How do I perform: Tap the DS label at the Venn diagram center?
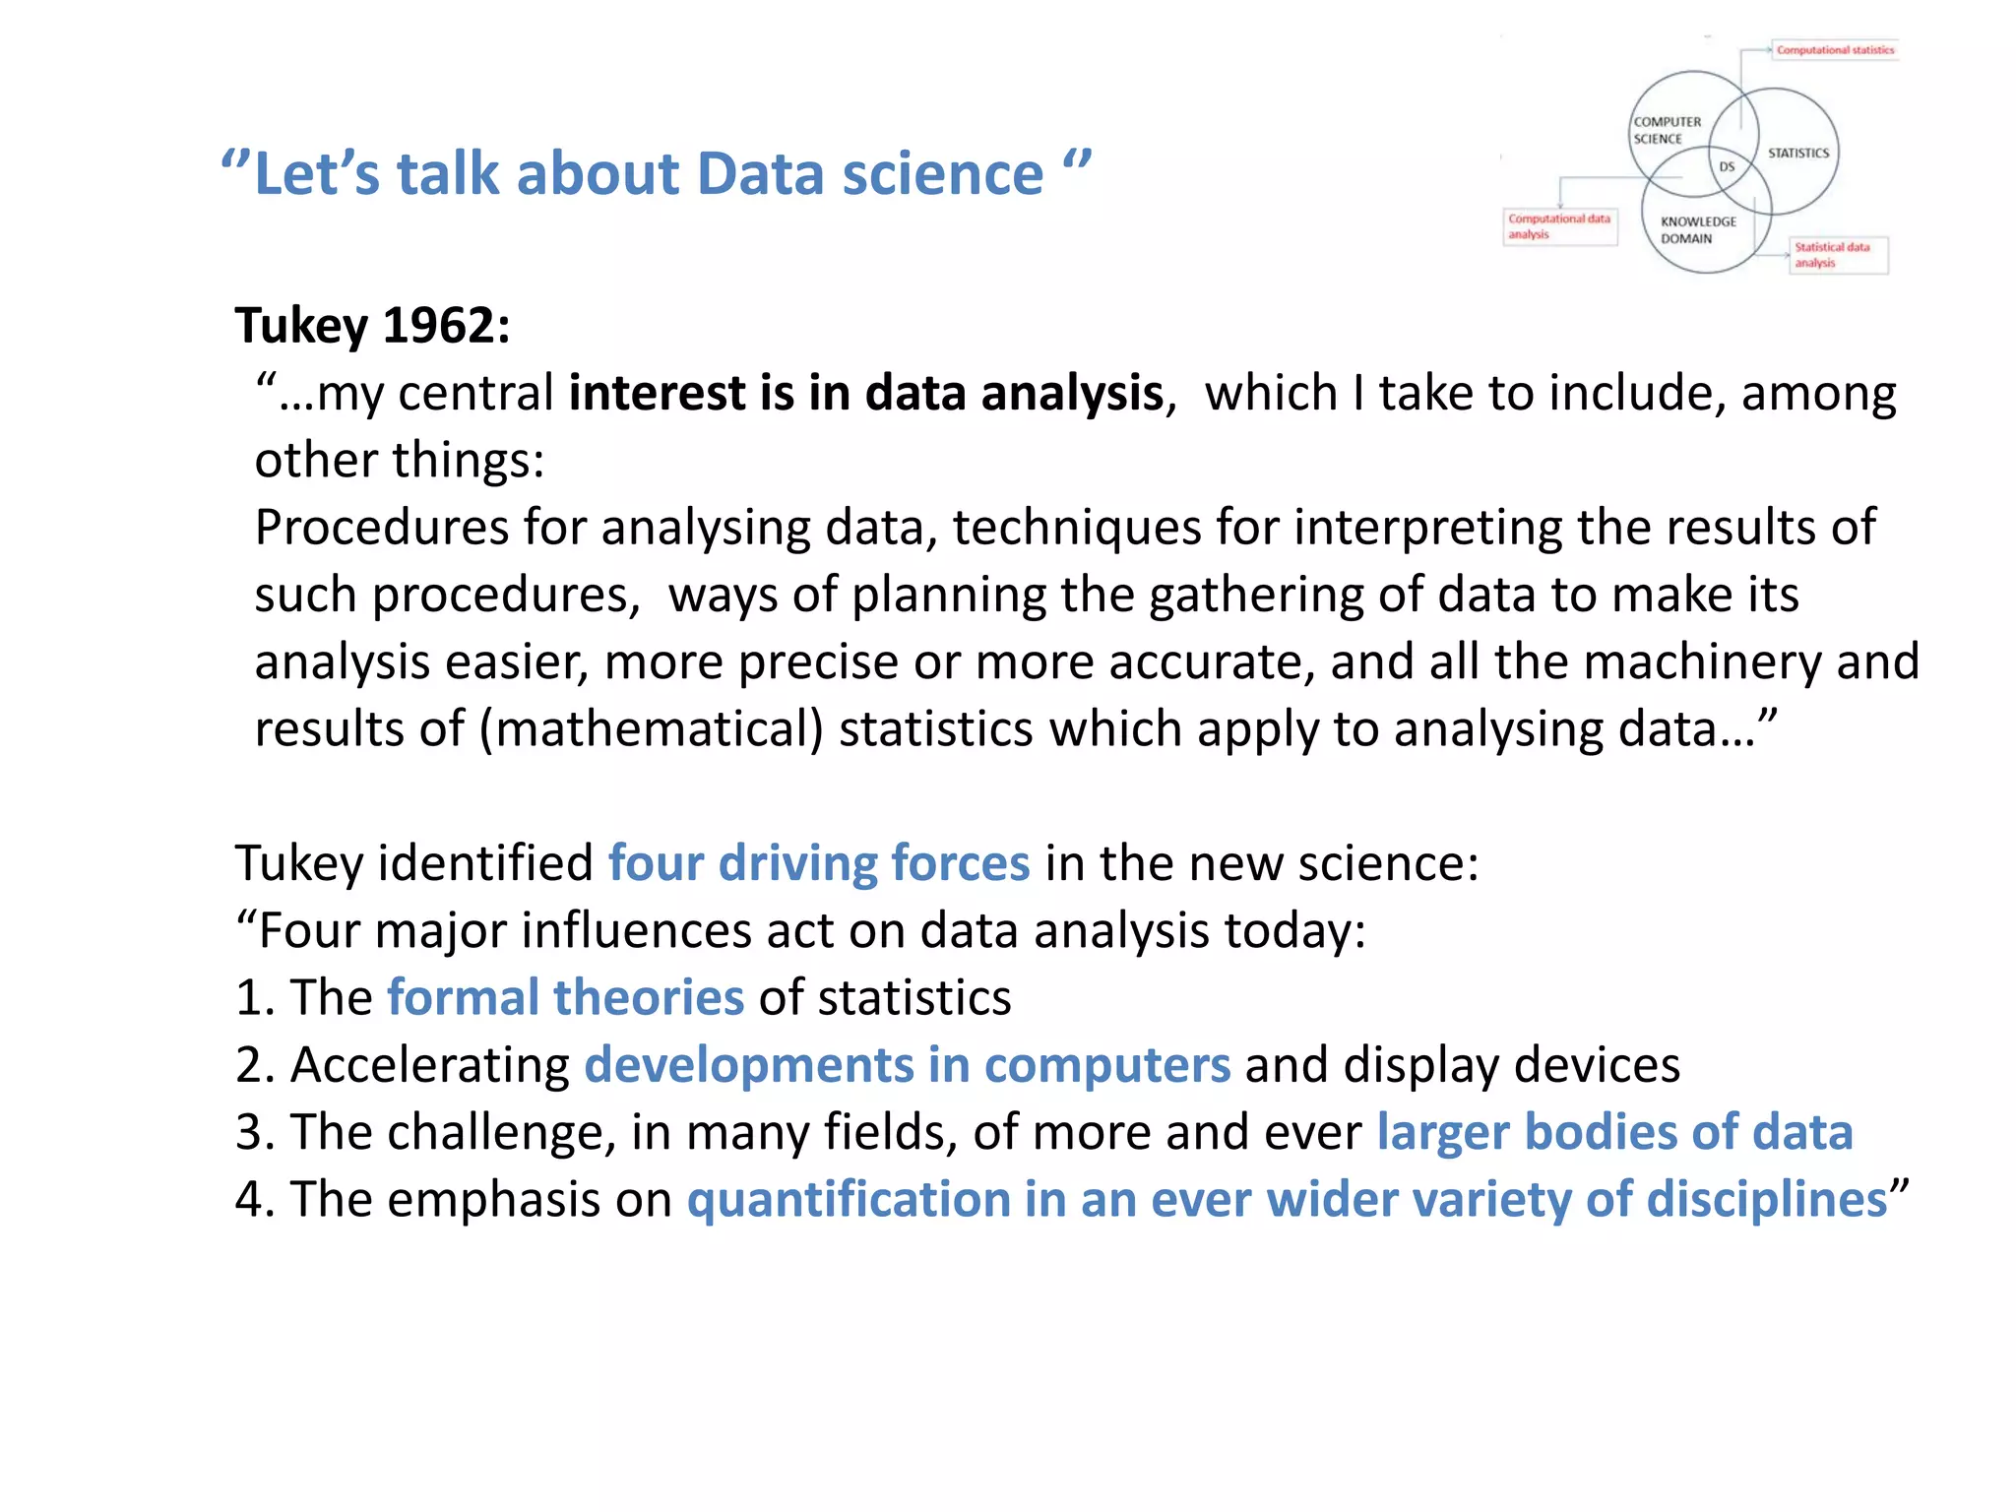[1727, 167]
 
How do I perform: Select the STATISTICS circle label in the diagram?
[1797, 154]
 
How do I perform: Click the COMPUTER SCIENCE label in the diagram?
[1667, 130]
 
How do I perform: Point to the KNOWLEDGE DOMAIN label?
[1698, 230]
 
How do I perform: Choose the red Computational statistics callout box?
[1835, 50]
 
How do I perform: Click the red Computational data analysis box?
[1559, 226]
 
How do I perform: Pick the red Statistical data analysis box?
[1837, 255]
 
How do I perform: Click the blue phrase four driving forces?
[818, 863]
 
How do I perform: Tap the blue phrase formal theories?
[565, 997]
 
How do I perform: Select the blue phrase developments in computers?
[907, 1065]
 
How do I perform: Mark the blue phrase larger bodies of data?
[1614, 1132]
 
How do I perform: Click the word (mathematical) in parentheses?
[651, 729]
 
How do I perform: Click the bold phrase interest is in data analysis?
[866, 393]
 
